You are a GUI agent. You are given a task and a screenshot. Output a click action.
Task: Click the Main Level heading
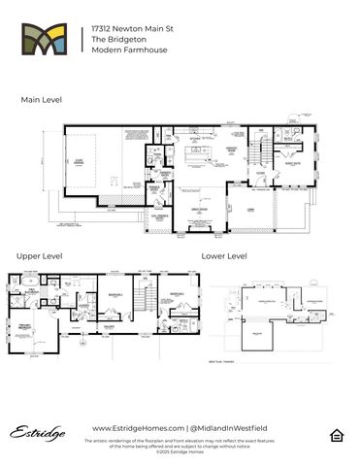[x=41, y=100]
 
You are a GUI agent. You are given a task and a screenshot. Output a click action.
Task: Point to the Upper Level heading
[x=42, y=255]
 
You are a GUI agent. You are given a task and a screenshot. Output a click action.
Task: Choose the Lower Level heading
[x=224, y=255]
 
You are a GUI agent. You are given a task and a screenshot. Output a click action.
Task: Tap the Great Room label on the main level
[x=202, y=209]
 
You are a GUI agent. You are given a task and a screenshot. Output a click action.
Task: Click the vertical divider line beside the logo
[x=82, y=42]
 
